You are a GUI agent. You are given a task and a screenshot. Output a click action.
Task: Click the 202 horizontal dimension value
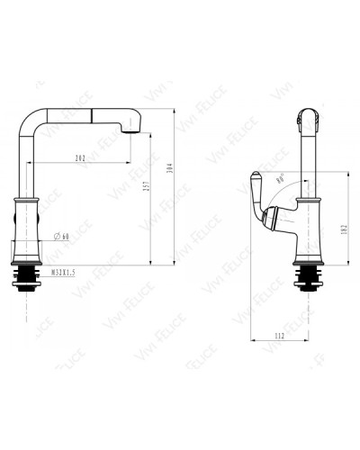82,159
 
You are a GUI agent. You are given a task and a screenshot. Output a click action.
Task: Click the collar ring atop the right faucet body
310,196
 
